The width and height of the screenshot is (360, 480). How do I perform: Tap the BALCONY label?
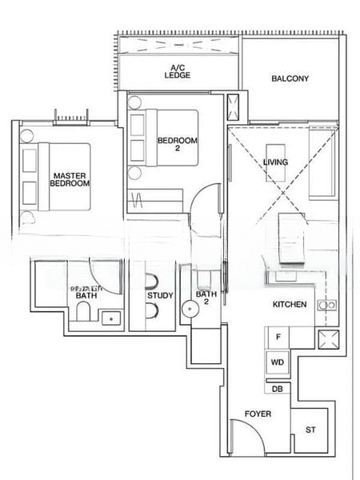click(290, 78)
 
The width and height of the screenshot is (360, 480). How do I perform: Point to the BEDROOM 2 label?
click(177, 145)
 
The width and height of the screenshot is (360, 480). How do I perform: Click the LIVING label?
click(275, 162)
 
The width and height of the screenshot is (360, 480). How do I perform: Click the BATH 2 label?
click(206, 298)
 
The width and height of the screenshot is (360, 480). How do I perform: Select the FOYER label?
click(258, 414)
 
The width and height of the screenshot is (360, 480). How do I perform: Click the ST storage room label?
click(310, 430)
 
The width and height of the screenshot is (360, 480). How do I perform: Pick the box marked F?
click(278, 338)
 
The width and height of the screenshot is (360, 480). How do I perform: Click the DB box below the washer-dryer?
click(278, 389)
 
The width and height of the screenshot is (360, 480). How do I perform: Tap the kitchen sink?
click(324, 305)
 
